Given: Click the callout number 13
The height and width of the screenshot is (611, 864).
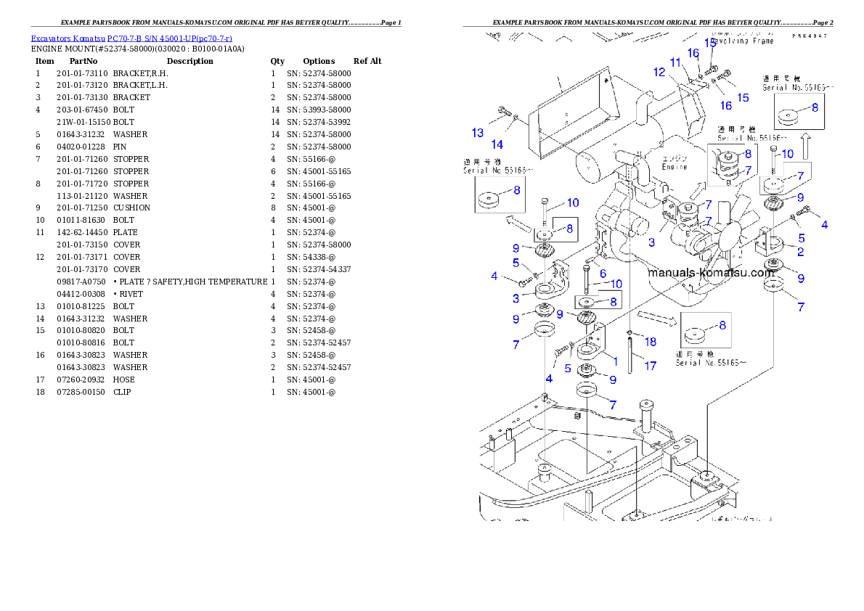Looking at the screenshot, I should [477, 133].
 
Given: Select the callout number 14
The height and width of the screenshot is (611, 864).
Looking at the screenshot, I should [497, 144].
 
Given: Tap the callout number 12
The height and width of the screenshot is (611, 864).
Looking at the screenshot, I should [659, 72].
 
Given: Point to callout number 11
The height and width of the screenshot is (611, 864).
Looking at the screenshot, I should [675, 62].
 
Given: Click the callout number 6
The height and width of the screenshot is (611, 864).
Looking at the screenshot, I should [603, 273].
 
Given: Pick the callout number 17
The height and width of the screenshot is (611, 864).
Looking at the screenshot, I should [650, 366].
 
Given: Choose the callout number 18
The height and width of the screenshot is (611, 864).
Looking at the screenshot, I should [650, 342].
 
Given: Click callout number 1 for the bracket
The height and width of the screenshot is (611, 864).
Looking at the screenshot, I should [614, 360].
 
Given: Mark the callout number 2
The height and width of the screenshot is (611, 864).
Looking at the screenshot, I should [800, 252].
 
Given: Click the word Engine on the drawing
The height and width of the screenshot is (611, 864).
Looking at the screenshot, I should [674, 166].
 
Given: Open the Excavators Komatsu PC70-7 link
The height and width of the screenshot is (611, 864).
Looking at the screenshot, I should [131, 38].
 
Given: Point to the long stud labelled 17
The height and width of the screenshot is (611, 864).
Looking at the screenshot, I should [631, 356].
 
